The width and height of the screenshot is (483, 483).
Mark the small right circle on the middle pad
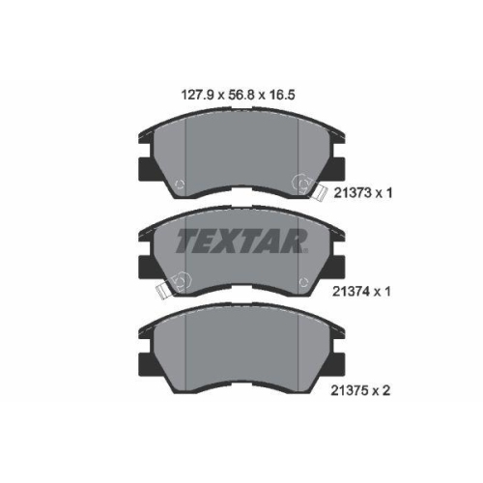[x=306, y=281]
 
